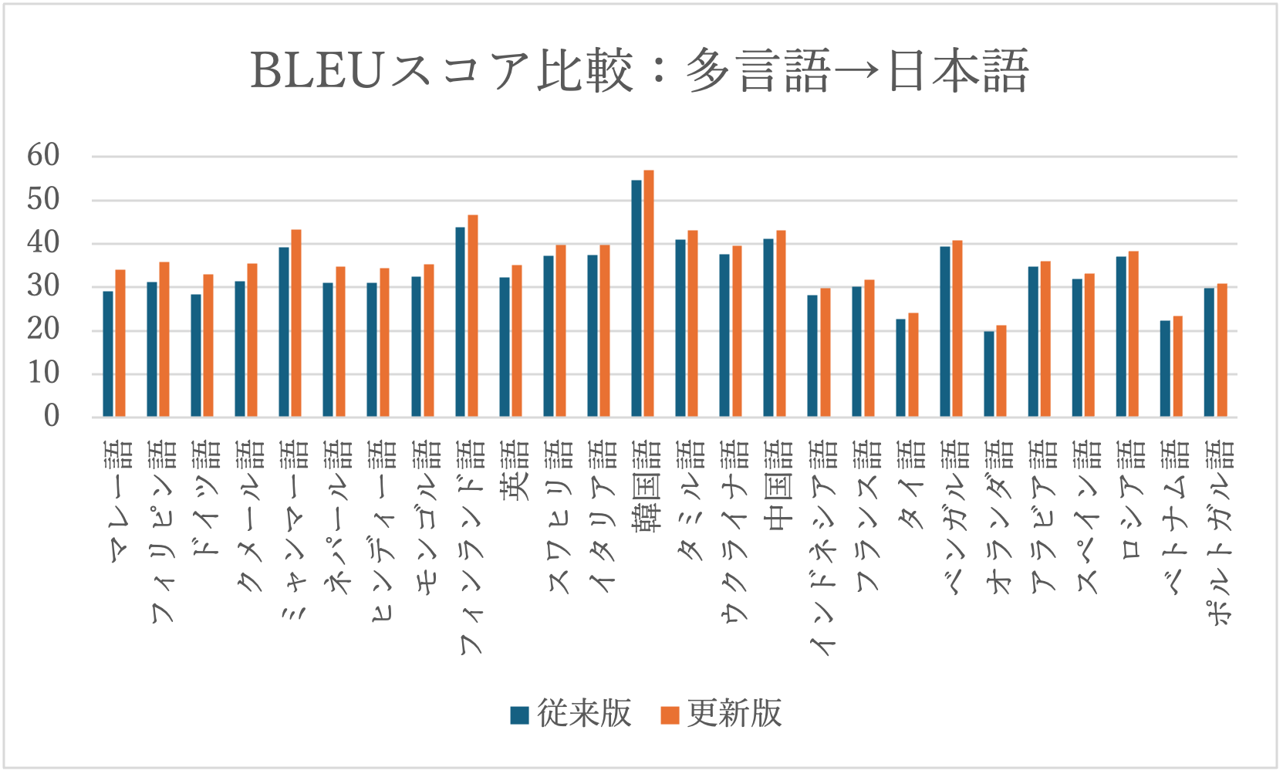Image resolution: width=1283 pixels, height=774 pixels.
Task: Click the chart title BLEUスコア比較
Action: click(640, 71)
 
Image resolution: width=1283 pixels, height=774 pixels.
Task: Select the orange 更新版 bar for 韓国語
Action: click(649, 293)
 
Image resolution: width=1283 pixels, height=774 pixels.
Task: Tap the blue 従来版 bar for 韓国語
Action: click(636, 299)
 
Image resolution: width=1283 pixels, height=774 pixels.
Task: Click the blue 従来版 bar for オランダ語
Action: click(989, 374)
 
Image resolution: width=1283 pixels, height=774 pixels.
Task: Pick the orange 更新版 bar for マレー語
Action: click(120, 343)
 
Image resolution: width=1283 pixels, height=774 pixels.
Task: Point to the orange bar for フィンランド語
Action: click(473, 316)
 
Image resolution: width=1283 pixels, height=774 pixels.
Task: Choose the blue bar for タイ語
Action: click(900, 368)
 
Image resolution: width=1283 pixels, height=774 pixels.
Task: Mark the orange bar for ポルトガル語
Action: click(1222, 350)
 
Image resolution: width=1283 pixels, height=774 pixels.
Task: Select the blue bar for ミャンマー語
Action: click(284, 332)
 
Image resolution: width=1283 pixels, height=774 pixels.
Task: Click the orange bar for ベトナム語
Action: click(1177, 367)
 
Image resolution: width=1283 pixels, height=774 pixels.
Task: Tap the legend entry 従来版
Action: click(572, 714)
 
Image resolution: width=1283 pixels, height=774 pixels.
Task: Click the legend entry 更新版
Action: click(722, 714)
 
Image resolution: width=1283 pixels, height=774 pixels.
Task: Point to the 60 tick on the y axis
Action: click(43, 156)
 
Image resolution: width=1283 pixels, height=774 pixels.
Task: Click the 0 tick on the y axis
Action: click(51, 417)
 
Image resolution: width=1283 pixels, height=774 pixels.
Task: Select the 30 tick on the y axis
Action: click(43, 286)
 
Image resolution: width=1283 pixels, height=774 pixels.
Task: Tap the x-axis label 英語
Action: click(515, 470)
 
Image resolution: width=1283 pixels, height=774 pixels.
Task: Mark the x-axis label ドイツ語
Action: click(206, 498)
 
